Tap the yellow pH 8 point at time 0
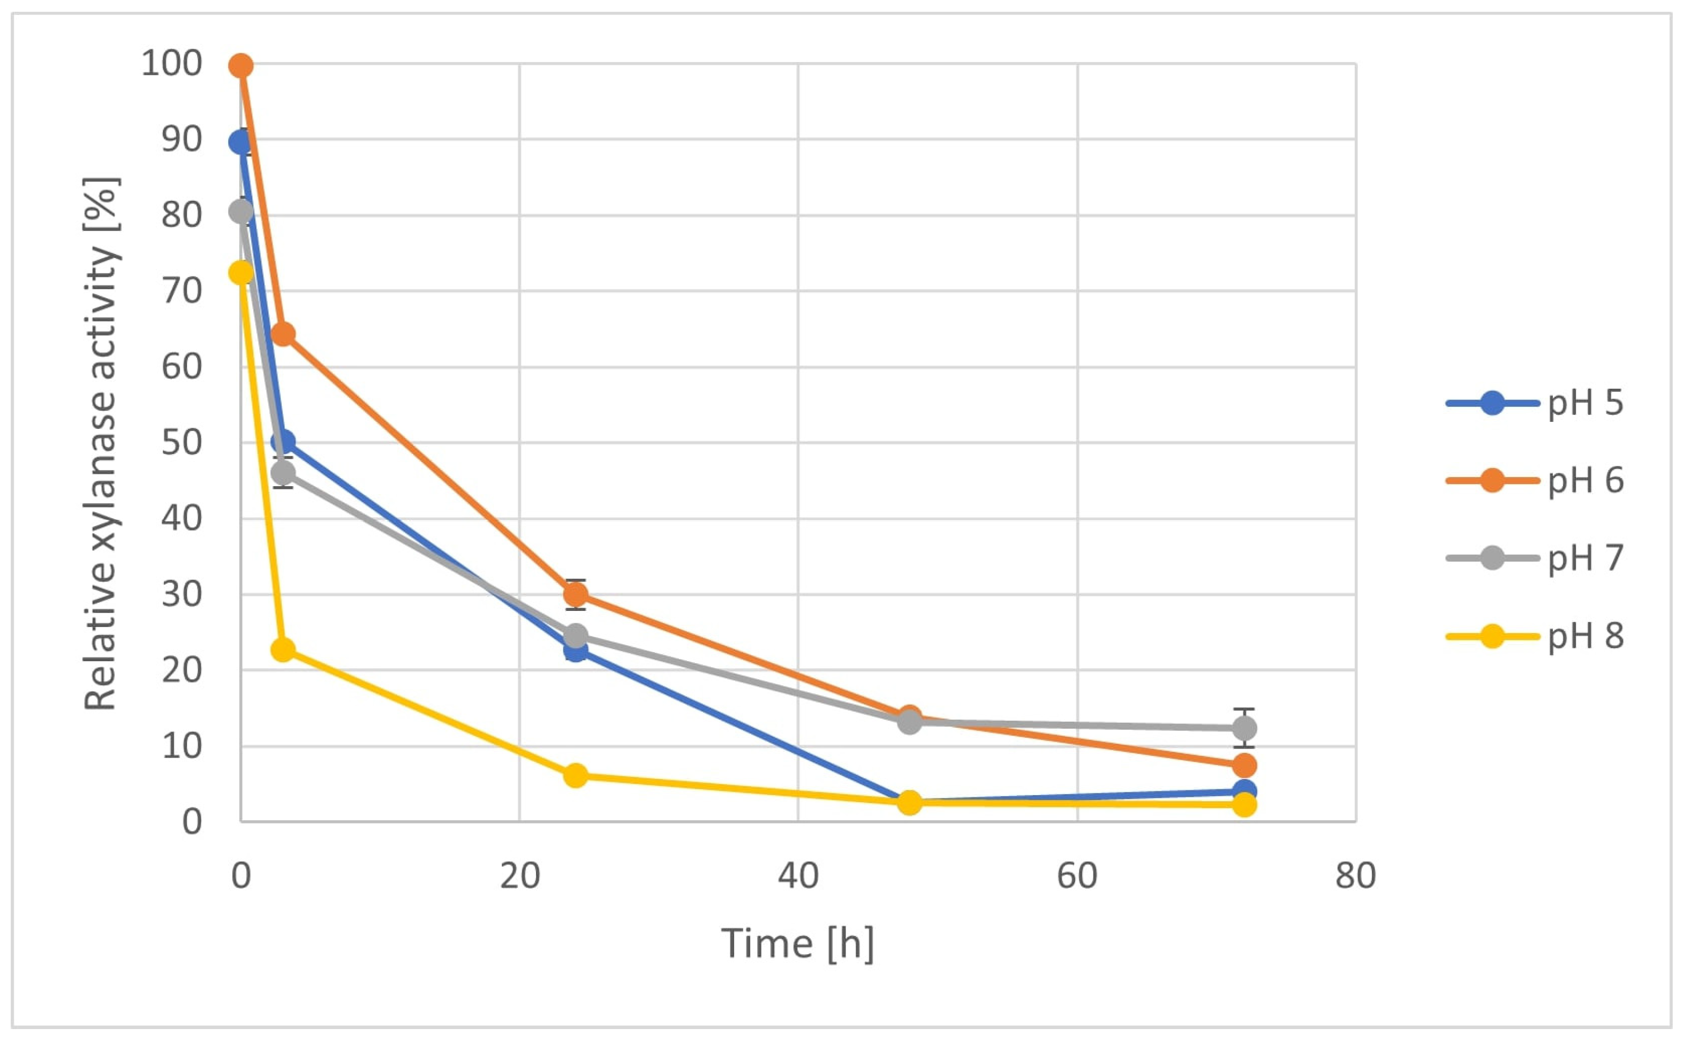(241, 273)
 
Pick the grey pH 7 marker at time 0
(241, 211)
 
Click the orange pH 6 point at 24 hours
(576, 594)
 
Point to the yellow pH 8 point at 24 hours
(576, 775)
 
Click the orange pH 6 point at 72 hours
(1244, 766)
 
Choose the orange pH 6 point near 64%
(283, 335)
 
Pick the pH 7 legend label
(1584, 557)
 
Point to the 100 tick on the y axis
(172, 64)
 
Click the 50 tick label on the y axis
(182, 442)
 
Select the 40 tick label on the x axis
(798, 876)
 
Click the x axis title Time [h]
(797, 943)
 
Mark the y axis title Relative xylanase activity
(101, 443)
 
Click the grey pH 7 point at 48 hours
(910, 722)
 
